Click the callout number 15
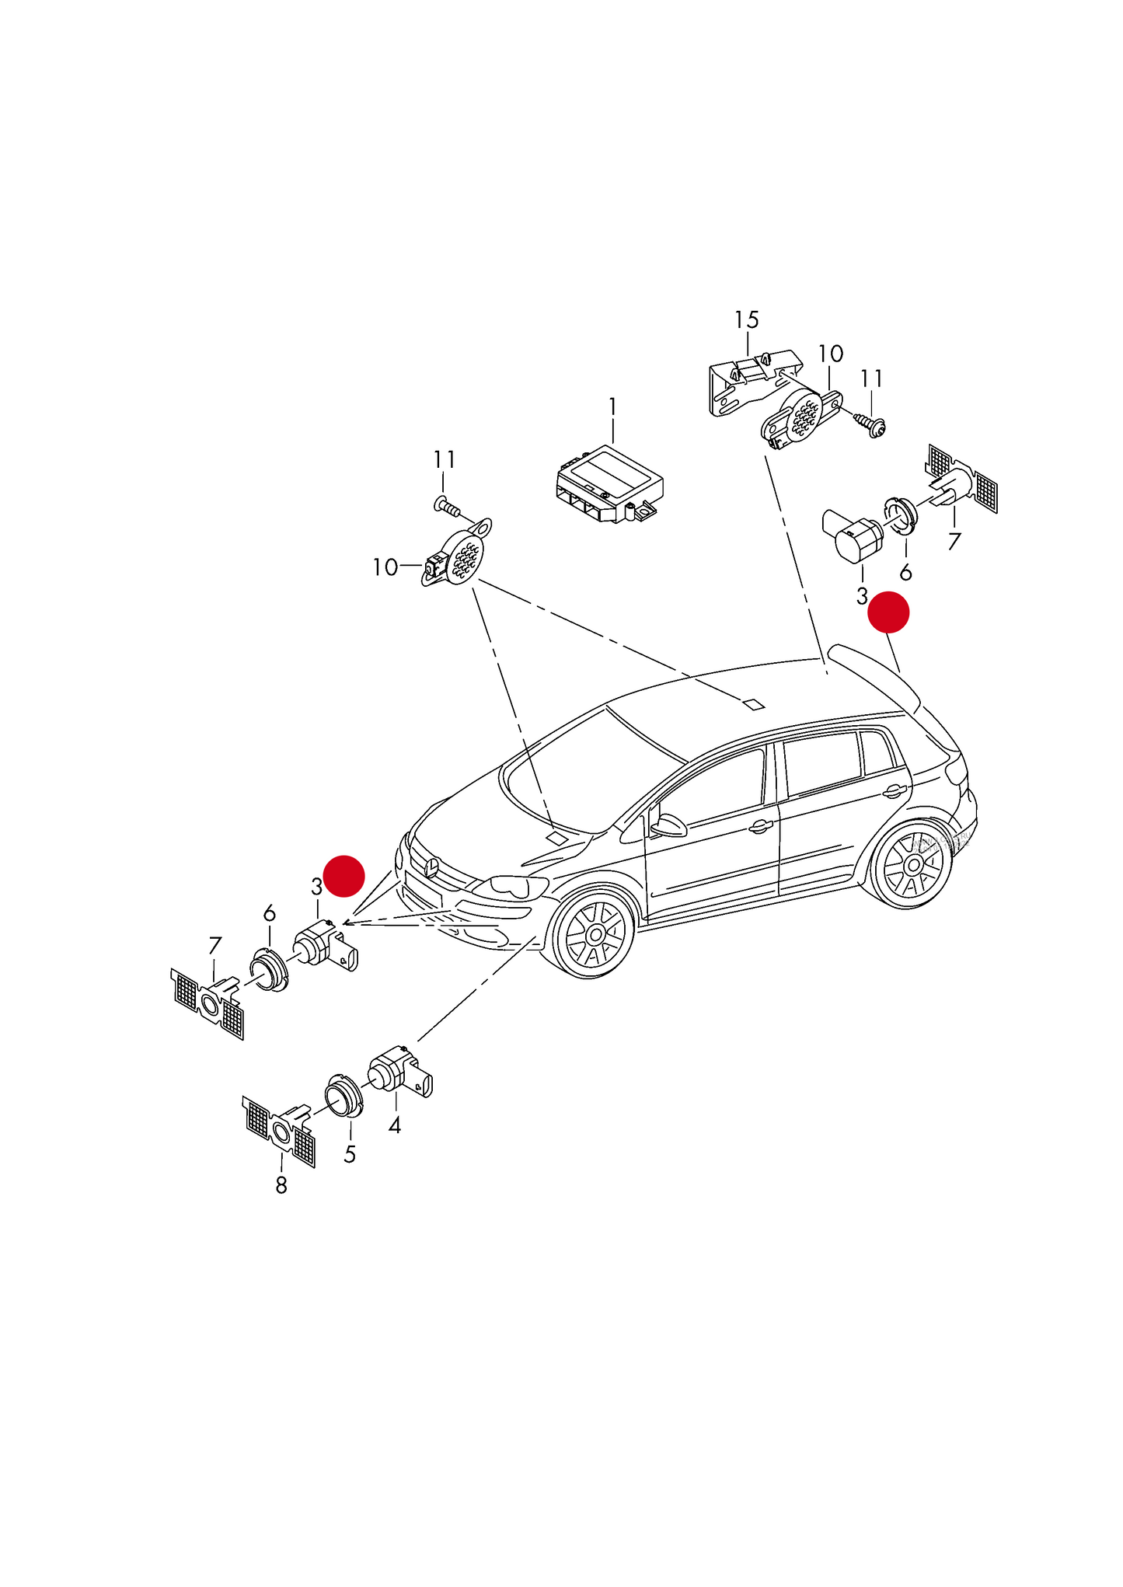pyautogui.click(x=746, y=319)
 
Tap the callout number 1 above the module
pyautogui.click(x=612, y=407)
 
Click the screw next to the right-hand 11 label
pyautogui.click(x=872, y=423)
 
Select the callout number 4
pyautogui.click(x=395, y=1125)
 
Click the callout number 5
pyautogui.click(x=350, y=1155)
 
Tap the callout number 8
pyautogui.click(x=281, y=1185)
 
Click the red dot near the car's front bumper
pyautogui.click(x=344, y=876)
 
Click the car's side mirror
pyautogui.click(x=668, y=825)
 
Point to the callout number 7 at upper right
pyautogui.click(x=954, y=541)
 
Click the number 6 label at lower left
pyautogui.click(x=269, y=912)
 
